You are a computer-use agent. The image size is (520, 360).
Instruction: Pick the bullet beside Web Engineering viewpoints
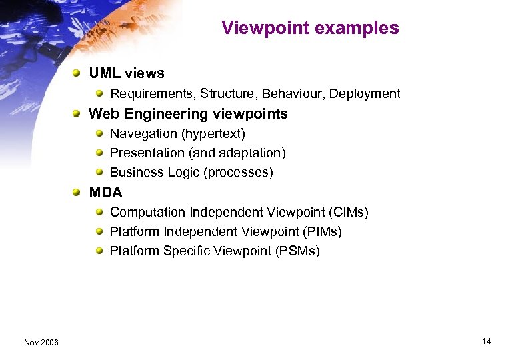coord(79,114)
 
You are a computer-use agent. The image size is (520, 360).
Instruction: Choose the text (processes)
coord(239,173)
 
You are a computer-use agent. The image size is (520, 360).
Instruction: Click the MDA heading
coord(105,193)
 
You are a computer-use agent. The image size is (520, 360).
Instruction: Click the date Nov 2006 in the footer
coord(41,343)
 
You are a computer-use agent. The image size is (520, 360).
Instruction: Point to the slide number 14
coord(486,341)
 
